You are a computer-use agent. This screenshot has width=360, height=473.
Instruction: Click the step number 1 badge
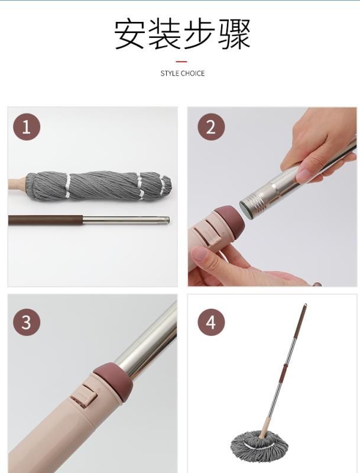coord(27,127)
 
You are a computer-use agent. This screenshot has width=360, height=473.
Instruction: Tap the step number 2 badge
coord(211,127)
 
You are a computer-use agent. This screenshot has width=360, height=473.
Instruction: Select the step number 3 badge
coord(27,322)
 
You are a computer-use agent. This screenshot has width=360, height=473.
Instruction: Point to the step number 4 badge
coord(211,322)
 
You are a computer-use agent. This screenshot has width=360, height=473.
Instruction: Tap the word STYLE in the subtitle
coord(170,73)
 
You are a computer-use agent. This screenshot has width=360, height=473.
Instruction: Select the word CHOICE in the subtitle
coord(193,73)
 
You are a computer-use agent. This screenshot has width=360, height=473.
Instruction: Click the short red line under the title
coord(181,61)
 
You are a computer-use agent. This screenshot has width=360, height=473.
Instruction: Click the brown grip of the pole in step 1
coord(46,220)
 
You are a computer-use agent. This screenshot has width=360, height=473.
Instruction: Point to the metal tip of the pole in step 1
coord(166,220)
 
